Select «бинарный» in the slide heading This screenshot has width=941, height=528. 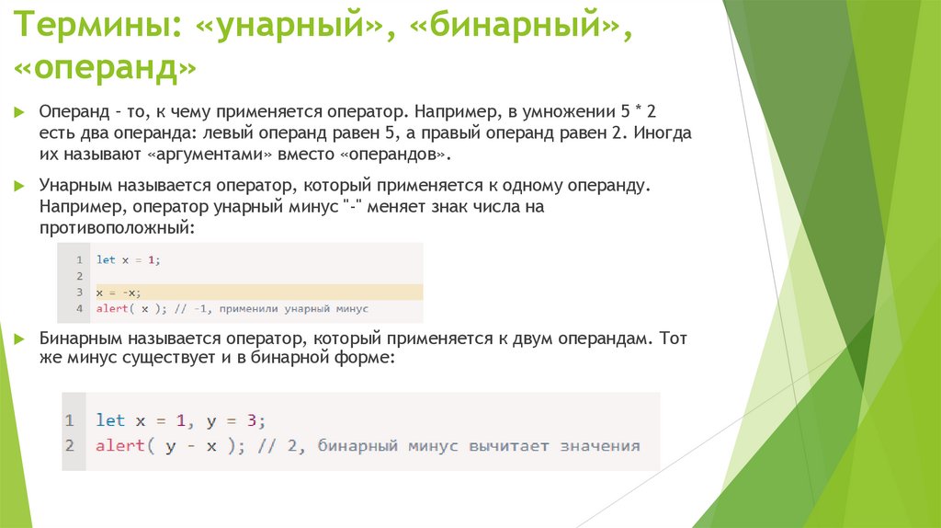click(x=516, y=28)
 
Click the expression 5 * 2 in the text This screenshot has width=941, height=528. click(x=638, y=111)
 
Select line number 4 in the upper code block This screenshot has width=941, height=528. click(x=80, y=308)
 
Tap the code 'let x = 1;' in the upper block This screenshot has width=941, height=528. click(x=128, y=260)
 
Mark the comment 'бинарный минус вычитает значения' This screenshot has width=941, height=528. click(x=478, y=446)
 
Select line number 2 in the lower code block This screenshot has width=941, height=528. click(x=70, y=446)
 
